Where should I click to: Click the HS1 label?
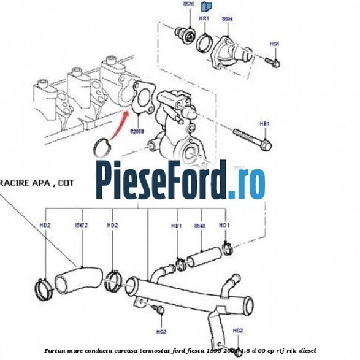274,44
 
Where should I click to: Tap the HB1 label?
265,123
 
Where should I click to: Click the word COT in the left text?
66,182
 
